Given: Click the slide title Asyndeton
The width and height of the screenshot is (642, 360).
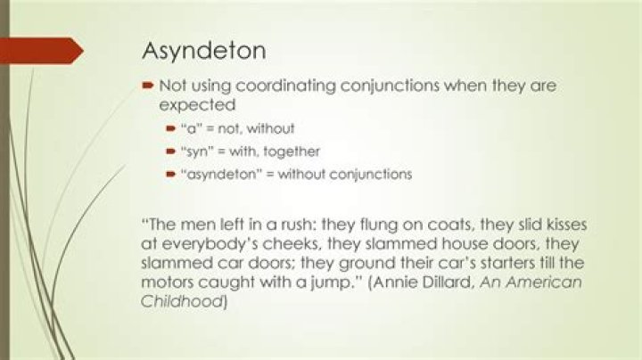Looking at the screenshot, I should pyautogui.click(x=203, y=51).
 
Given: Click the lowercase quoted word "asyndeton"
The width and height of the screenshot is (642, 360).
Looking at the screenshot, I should pyautogui.click(x=212, y=174).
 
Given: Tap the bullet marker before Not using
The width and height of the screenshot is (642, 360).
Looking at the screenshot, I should pyautogui.click(x=148, y=86).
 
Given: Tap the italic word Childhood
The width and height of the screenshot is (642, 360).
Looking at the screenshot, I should pyautogui.click(x=183, y=302).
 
